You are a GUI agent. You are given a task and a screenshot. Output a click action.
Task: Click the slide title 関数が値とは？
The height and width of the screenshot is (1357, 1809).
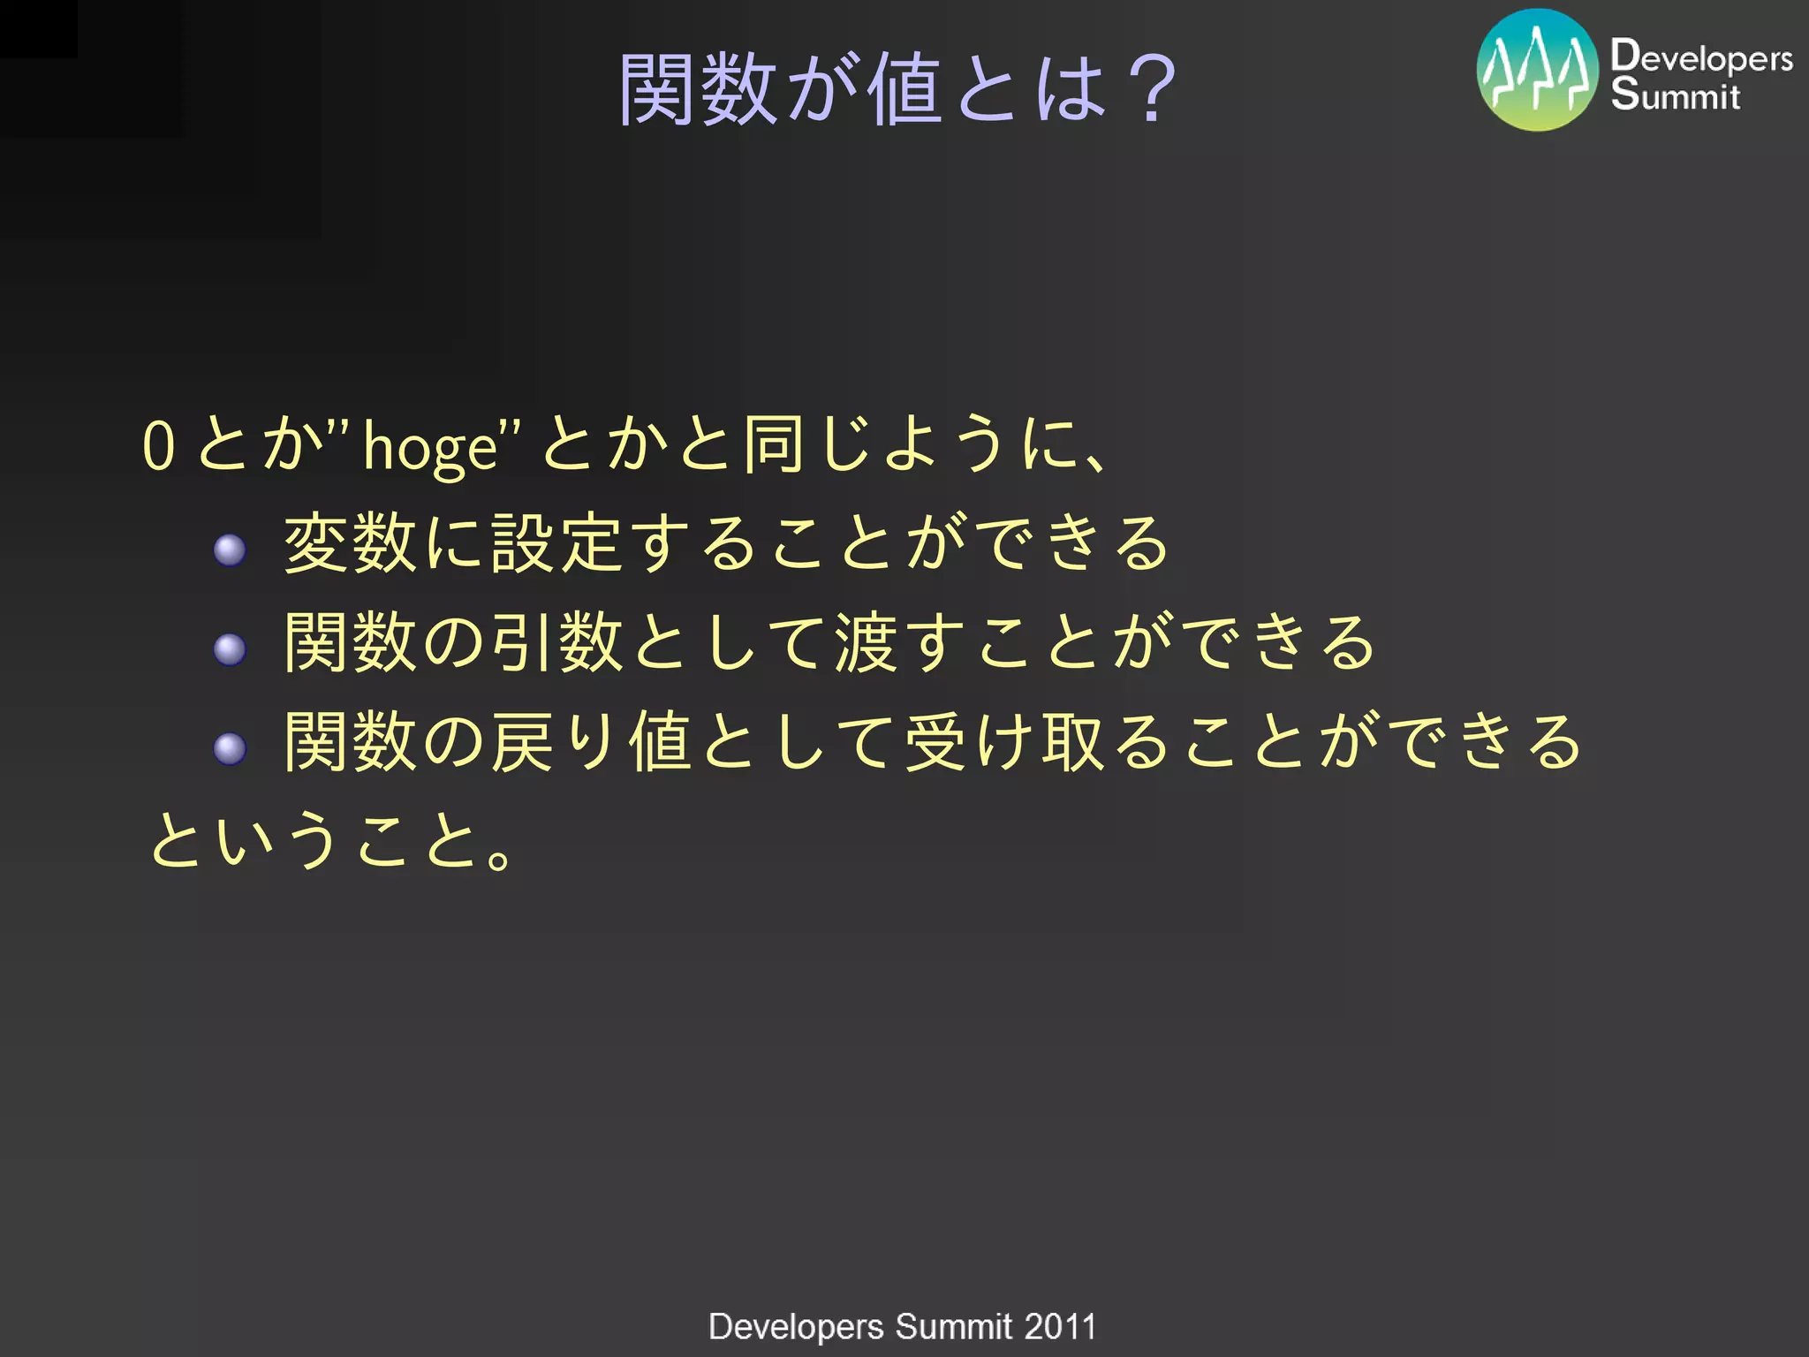tap(897, 88)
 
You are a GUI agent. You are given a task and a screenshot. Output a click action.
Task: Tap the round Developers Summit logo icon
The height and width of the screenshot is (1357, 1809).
tap(1537, 71)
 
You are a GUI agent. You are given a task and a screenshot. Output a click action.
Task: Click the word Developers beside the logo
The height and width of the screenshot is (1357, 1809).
tap(1700, 57)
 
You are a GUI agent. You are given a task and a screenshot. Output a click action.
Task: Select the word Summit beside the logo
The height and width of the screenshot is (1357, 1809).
tap(1675, 95)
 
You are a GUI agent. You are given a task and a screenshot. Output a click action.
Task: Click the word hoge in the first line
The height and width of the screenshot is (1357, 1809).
tap(431, 447)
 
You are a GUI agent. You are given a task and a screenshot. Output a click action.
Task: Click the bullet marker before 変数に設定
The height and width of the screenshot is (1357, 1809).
tap(230, 550)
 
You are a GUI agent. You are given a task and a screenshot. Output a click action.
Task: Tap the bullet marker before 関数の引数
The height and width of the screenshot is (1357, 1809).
tap(230, 649)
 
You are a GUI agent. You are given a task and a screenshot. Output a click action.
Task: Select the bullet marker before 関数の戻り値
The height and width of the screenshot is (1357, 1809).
tap(230, 749)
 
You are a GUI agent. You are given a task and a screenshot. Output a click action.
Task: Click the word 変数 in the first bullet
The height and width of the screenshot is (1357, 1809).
tap(350, 543)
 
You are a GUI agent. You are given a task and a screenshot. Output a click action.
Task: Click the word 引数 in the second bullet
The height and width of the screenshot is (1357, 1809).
tap(557, 643)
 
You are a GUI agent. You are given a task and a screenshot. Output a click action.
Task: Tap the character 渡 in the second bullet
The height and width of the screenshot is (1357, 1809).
tap(867, 643)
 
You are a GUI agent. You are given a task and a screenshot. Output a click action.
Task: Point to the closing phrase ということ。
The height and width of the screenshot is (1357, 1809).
tap(331, 840)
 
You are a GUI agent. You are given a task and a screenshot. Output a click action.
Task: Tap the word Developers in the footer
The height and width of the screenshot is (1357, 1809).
tap(795, 1327)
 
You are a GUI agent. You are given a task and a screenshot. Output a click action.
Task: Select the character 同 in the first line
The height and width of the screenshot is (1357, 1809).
tap(773, 444)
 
